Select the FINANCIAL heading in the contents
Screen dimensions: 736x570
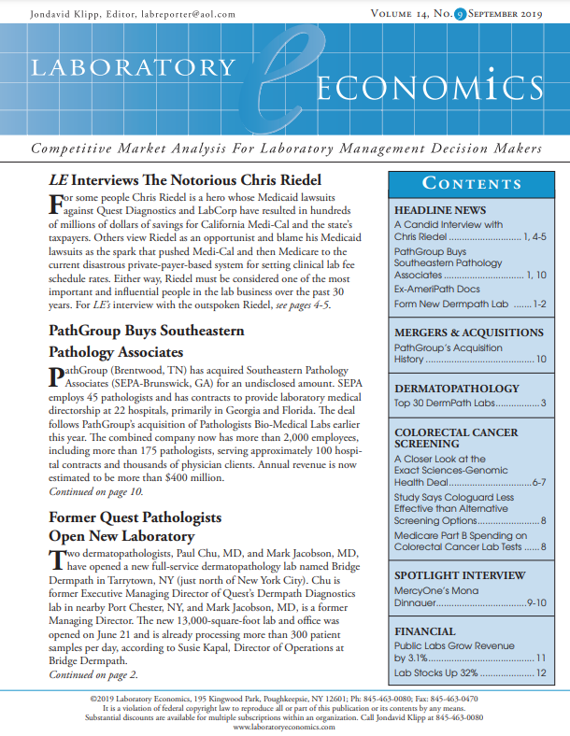(x=426, y=631)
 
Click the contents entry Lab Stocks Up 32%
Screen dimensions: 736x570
(x=436, y=672)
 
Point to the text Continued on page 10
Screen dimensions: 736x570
(x=96, y=491)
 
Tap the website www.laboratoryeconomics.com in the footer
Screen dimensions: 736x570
(x=284, y=726)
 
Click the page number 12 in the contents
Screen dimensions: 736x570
(x=539, y=672)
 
